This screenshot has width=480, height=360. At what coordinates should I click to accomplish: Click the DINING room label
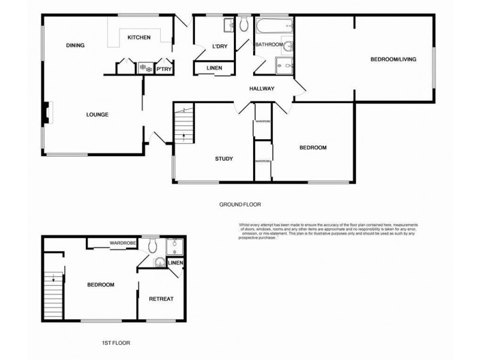pyautogui.click(x=75, y=46)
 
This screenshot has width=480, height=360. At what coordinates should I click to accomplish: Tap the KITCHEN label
pyautogui.click(x=139, y=38)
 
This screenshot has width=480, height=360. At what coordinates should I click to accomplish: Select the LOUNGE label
pyautogui.click(x=97, y=115)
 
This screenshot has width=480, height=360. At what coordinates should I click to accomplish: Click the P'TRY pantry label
pyautogui.click(x=164, y=70)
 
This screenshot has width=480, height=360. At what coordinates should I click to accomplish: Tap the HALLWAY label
pyautogui.click(x=262, y=89)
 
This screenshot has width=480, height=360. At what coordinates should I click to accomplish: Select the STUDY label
pyautogui.click(x=224, y=159)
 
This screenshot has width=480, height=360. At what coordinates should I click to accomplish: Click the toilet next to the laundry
pyautogui.click(x=244, y=24)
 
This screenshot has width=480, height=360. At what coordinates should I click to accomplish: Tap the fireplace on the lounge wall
pyautogui.click(x=46, y=114)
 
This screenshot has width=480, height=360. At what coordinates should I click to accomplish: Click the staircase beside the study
pyautogui.click(x=184, y=125)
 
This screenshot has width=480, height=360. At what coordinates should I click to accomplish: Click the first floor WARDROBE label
pyautogui.click(x=123, y=243)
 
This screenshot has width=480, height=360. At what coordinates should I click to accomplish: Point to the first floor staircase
pyautogui.click(x=53, y=294)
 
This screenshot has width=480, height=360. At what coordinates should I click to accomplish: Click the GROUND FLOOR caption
pyautogui.click(x=240, y=205)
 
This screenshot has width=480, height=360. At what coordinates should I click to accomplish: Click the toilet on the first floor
pyautogui.click(x=153, y=245)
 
